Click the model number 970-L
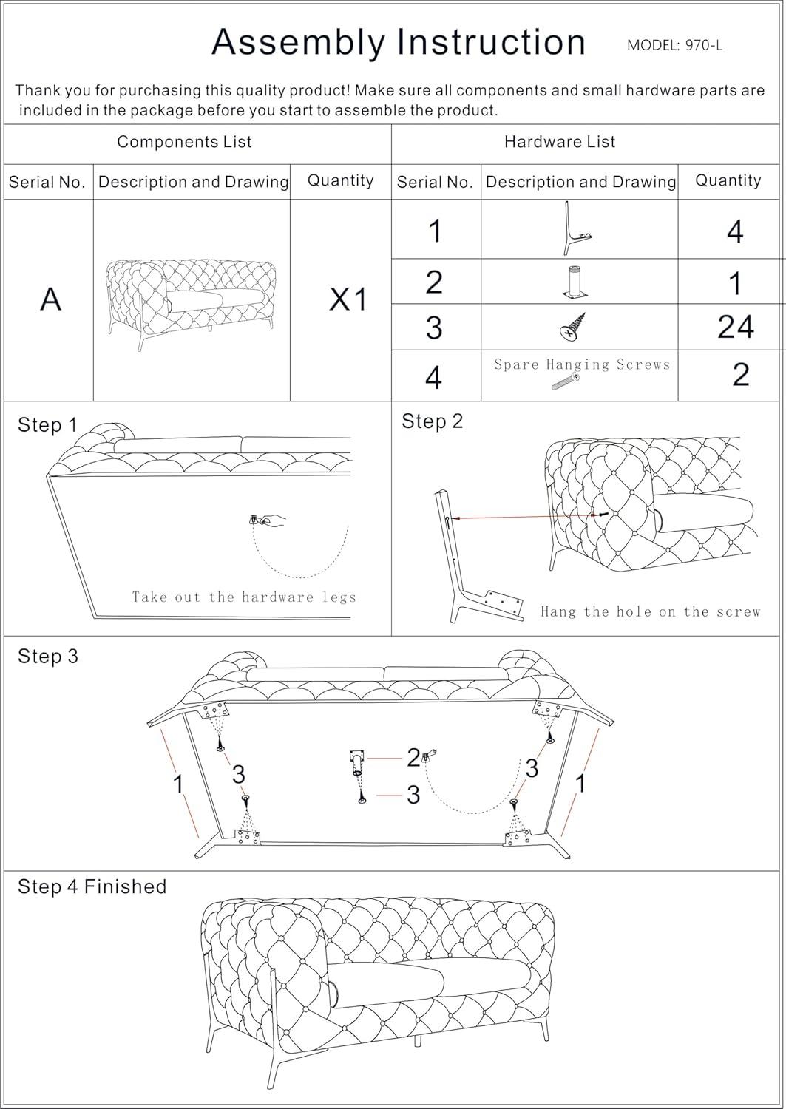coord(674,45)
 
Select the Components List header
coord(184,142)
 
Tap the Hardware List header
coord(560,142)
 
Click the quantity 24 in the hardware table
coord(735,327)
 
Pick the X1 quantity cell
coord(348,299)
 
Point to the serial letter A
coord(50,299)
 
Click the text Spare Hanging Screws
coord(582,364)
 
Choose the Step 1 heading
coord(47,425)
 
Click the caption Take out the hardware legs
coord(244,597)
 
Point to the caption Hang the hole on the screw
coord(650,611)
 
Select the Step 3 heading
coord(47,657)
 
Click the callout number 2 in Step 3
coord(413,758)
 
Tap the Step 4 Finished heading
coord(92,886)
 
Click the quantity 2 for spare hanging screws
coord(740,375)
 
